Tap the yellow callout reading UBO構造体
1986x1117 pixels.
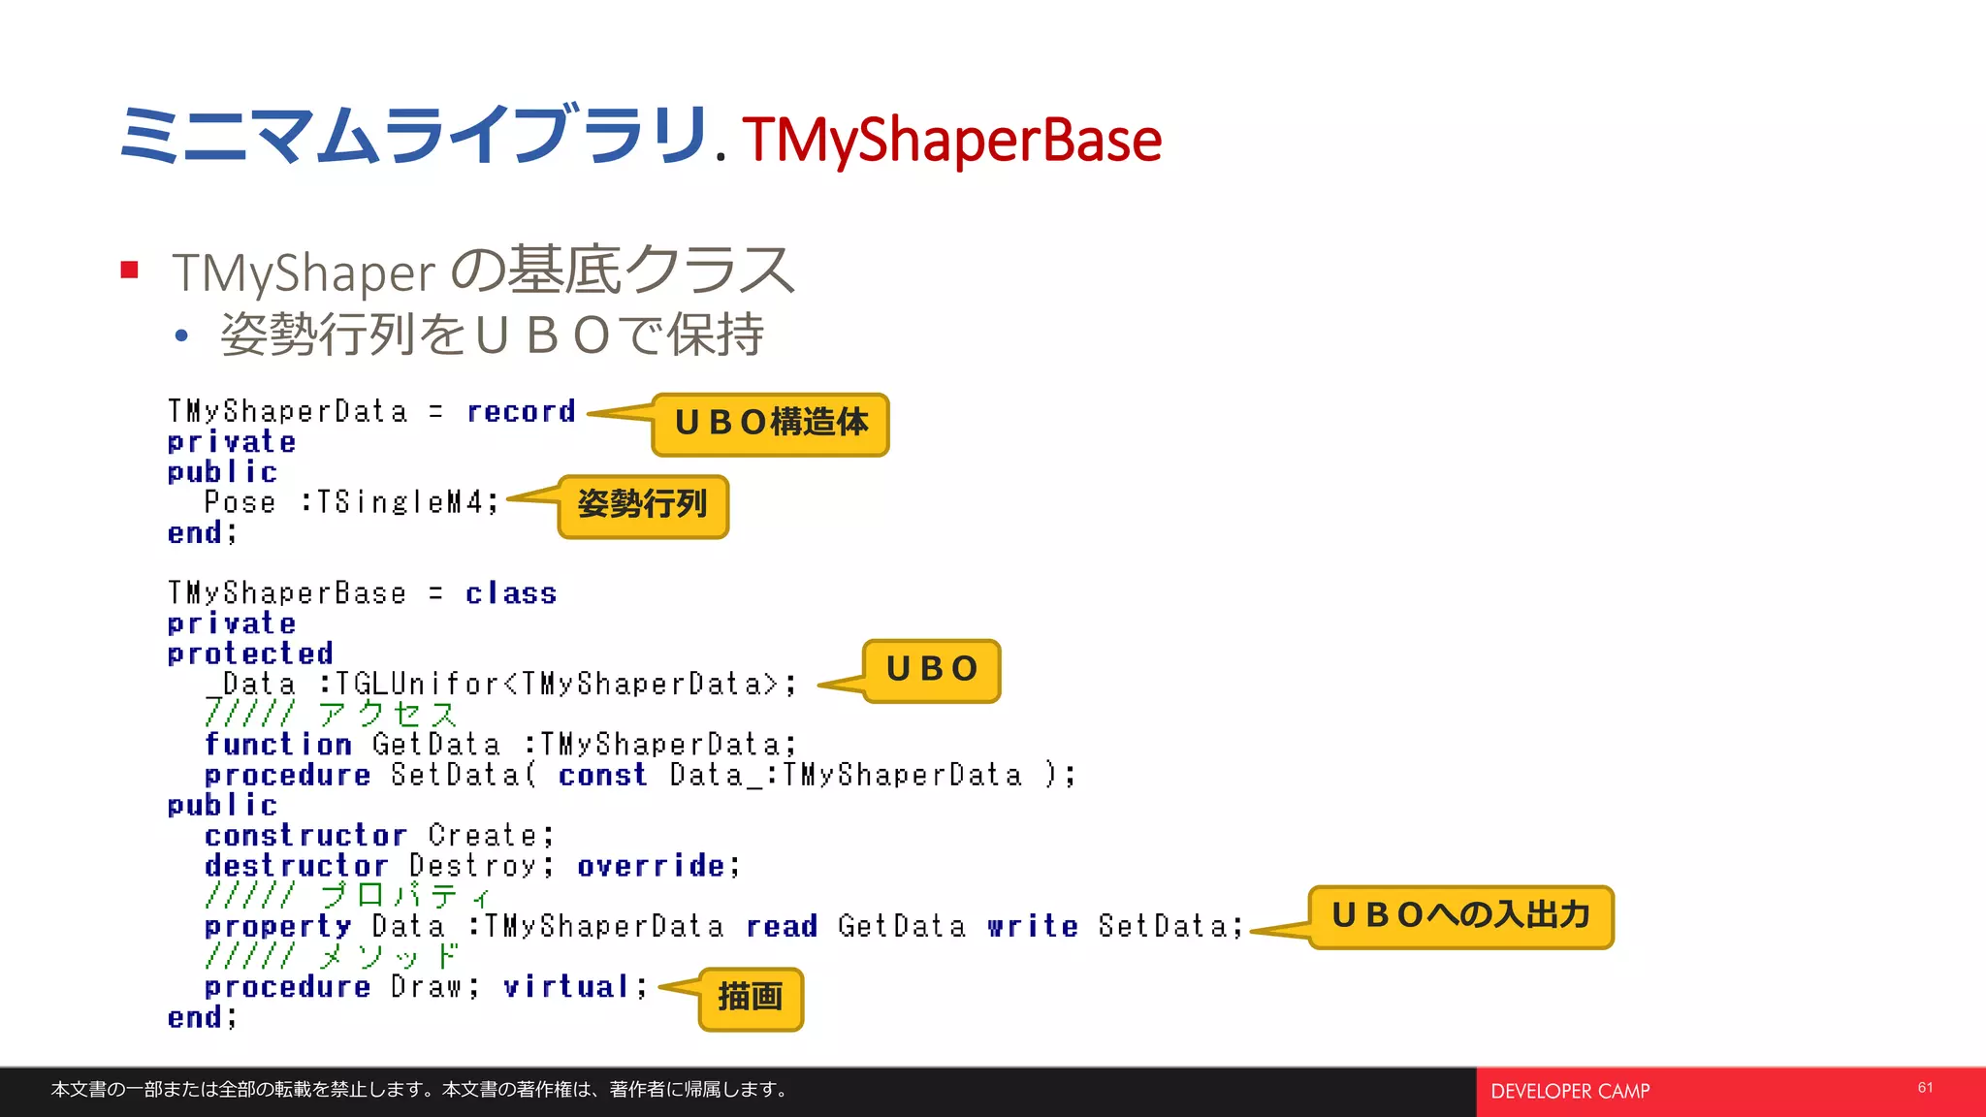(771, 424)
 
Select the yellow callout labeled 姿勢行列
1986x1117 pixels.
(642, 505)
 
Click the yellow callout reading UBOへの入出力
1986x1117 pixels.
(1460, 916)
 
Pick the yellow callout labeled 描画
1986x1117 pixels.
(751, 998)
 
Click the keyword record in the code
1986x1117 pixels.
(521, 412)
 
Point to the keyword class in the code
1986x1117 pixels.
(511, 593)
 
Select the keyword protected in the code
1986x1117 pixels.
(250, 654)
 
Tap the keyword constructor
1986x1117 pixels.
(305, 835)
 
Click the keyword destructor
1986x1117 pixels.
(296, 865)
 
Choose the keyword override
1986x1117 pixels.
(651, 865)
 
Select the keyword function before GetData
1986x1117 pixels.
(278, 745)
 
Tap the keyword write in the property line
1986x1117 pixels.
(1033, 926)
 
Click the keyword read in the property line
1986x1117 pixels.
(782, 926)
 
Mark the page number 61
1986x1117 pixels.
(1925, 1088)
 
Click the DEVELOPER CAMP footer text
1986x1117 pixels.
(1570, 1092)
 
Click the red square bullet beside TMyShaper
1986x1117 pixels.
(130, 270)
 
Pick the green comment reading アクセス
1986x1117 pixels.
(387, 715)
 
